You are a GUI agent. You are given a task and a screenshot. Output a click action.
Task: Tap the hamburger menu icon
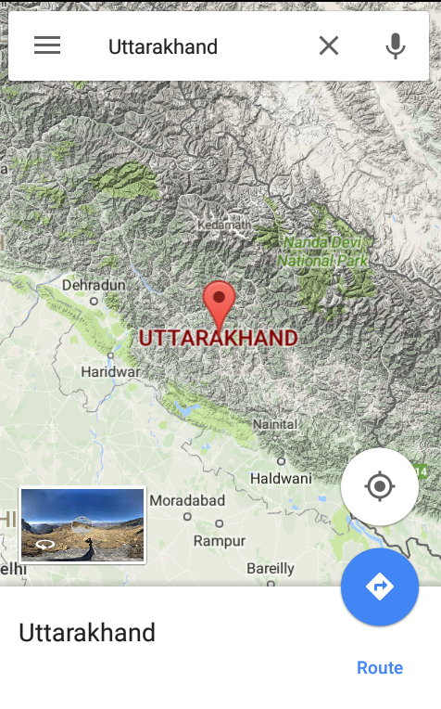[x=47, y=45]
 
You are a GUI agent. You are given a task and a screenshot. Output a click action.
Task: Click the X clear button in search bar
[x=329, y=45]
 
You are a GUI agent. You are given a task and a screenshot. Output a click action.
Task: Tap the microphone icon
[x=396, y=45]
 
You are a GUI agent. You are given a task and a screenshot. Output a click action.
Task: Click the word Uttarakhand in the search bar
[x=163, y=46]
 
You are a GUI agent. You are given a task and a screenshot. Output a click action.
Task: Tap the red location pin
[x=220, y=303]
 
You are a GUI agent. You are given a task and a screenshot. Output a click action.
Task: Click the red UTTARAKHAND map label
[x=219, y=337]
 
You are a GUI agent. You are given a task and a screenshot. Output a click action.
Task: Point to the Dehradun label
[x=94, y=285]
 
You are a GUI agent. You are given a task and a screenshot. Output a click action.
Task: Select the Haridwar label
[x=110, y=371]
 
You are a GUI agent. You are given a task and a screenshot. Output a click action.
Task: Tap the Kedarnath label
[x=223, y=225]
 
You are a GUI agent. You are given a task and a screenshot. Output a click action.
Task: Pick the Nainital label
[x=275, y=423]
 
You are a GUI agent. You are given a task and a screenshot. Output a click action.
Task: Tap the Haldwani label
[x=281, y=478]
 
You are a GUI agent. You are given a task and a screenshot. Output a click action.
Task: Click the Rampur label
[x=220, y=540]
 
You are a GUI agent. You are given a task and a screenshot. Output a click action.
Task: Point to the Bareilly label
[x=270, y=568]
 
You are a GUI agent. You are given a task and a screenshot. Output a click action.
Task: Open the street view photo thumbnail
[x=82, y=524]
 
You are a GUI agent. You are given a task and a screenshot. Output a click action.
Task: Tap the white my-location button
[x=380, y=487]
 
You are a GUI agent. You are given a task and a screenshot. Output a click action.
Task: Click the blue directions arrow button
[x=380, y=587]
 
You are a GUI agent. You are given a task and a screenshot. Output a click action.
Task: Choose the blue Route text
[x=380, y=668]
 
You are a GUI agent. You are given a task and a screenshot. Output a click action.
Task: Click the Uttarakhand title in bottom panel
[x=87, y=633]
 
